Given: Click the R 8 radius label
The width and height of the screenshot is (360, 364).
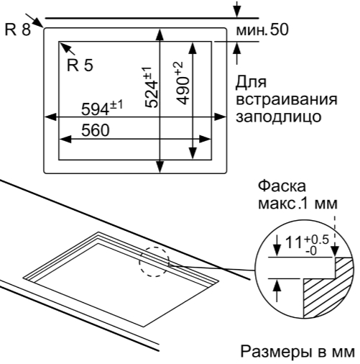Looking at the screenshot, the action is [18, 29].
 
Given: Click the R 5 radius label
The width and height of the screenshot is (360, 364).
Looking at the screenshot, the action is [80, 65].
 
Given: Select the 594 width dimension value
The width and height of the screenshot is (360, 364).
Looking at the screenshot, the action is [96, 110].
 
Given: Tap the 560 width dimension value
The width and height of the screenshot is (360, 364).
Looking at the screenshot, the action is [96, 130].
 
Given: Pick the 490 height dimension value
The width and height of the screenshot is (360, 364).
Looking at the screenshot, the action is [183, 91].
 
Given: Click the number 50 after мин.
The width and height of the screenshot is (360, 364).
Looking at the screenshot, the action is [279, 30].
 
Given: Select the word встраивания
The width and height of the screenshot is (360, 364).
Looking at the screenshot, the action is [287, 99].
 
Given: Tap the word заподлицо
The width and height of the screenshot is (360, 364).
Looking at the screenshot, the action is [279, 117].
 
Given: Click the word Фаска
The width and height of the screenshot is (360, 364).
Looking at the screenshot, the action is [282, 186].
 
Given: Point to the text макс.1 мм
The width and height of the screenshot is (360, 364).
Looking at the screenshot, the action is [297, 204].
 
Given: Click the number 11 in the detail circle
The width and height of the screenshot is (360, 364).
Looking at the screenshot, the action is [294, 242].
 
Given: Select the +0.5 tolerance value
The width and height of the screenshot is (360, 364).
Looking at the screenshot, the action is [317, 240].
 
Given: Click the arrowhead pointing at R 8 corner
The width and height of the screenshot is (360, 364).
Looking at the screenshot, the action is [38, 23].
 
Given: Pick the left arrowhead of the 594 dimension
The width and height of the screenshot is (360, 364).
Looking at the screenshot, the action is [50, 117].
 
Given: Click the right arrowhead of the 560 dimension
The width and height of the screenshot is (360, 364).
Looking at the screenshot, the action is [205, 139].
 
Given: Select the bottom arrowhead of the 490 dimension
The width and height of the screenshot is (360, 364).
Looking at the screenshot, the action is [193, 153].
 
